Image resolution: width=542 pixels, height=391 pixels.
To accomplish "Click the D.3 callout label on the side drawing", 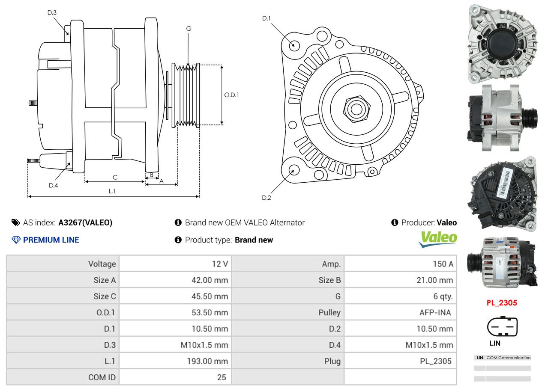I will pos(52,12).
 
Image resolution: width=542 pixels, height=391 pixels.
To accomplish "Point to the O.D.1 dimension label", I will pos(231,95).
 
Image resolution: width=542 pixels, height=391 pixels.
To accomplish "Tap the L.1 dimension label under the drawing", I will pos(112,191).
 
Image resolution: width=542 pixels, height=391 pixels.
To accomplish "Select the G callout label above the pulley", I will pos(189,29).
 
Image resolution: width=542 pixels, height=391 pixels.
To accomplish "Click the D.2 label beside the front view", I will pos(267,198).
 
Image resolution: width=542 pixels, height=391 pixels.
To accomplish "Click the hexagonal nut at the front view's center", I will pos(356,108).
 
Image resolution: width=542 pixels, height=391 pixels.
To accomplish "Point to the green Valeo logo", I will pos(437,239).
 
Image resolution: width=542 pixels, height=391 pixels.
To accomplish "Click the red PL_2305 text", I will pos(502,303).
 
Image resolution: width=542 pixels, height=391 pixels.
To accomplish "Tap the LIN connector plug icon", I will pos(502,327).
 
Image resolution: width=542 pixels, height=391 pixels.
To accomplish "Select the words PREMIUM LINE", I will pos(51,240).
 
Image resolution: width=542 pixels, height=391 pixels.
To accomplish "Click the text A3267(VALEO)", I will pos(85,222).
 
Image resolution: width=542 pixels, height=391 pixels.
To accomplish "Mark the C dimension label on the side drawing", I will pos(115,177).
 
